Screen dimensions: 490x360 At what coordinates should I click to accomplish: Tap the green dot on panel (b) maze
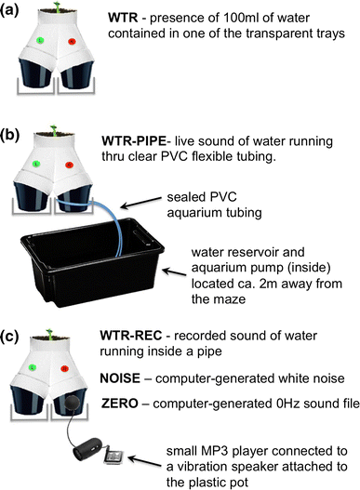[34, 165]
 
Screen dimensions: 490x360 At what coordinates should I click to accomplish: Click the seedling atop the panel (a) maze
[53, 7]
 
